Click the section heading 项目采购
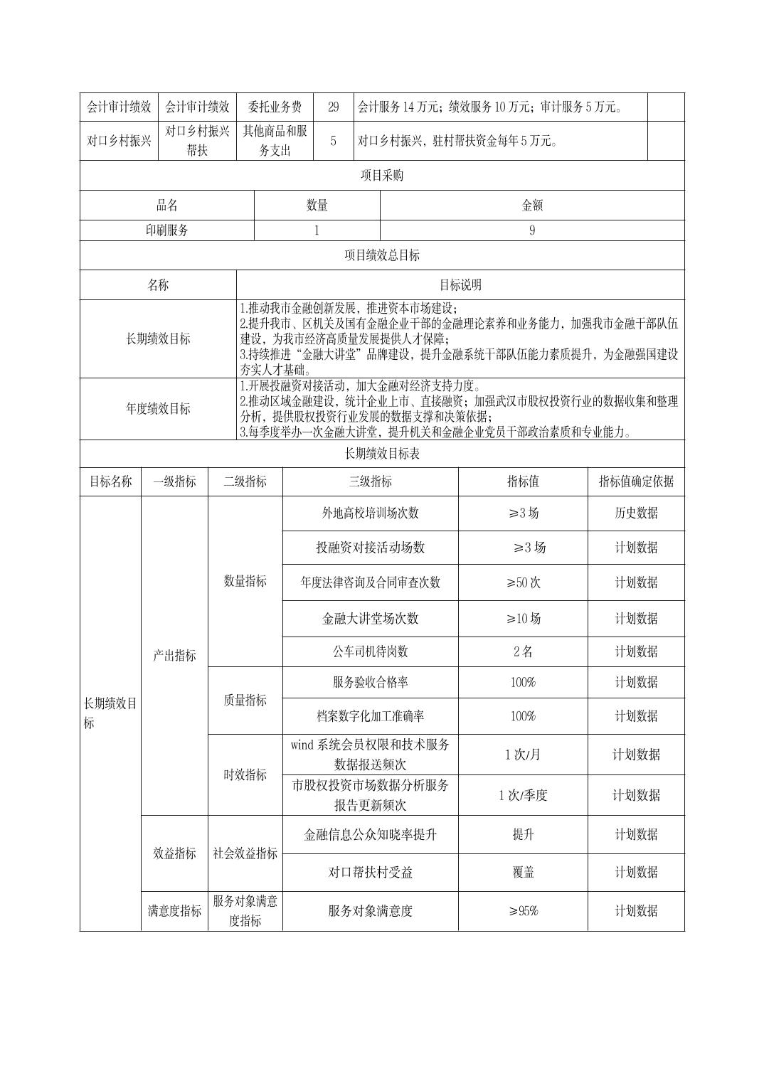click(382, 175)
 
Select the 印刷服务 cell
click(167, 230)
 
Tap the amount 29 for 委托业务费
click(333, 107)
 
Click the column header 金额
click(532, 206)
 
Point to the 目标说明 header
click(460, 285)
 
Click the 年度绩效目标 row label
click(158, 409)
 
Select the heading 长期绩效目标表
click(382, 454)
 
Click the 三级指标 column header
click(370, 481)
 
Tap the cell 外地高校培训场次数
click(370, 513)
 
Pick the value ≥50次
click(523, 582)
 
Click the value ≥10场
click(523, 619)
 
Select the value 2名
click(523, 651)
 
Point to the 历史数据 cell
click(636, 513)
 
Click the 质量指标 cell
click(245, 701)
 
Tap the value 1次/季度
click(523, 795)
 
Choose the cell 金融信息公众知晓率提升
click(370, 835)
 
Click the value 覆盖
click(523, 873)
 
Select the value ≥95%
click(523, 911)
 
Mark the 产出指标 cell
click(174, 656)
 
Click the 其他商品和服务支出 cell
click(274, 141)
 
